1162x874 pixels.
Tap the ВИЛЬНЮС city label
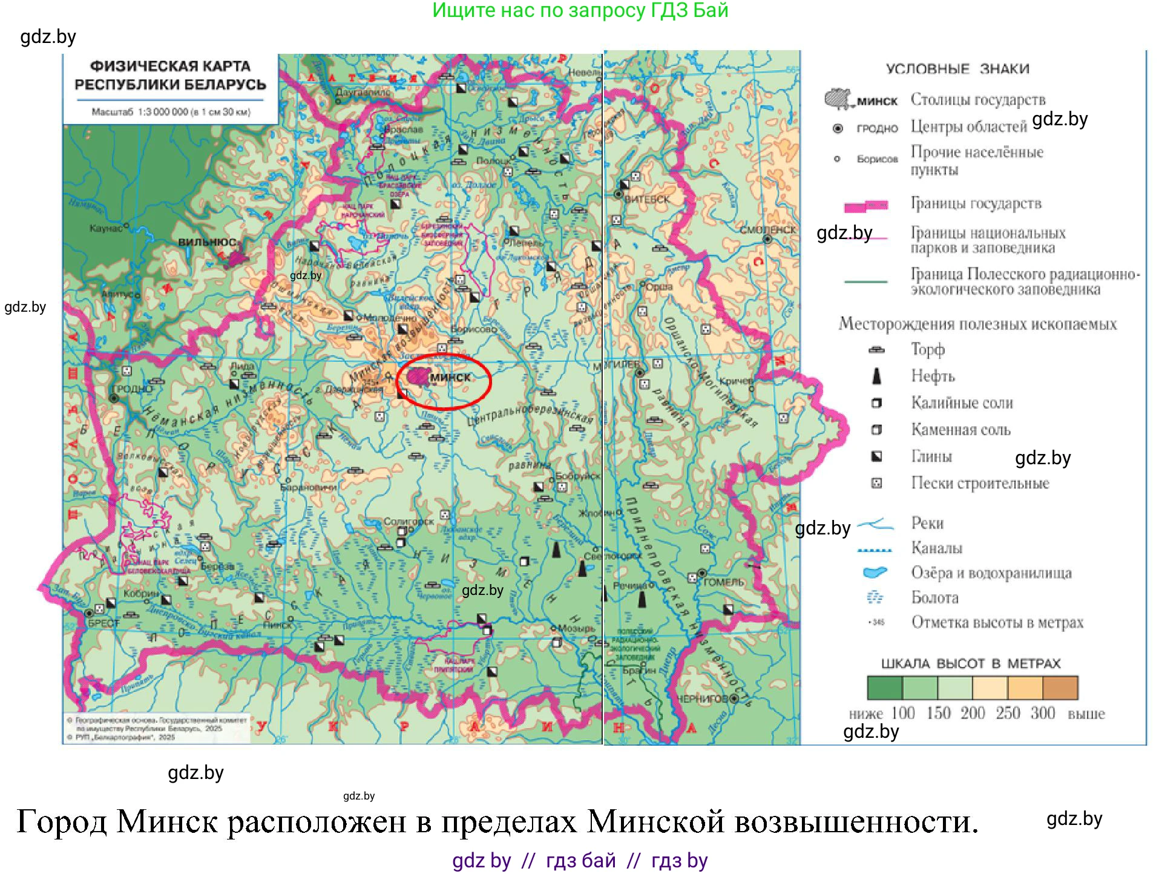click(206, 242)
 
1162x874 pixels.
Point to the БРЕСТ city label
click(104, 623)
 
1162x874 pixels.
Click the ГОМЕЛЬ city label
click(724, 582)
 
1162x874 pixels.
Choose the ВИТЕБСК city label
click(647, 199)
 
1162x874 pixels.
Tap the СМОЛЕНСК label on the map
click(767, 230)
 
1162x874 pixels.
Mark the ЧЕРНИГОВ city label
click(702, 698)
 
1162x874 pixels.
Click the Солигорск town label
click(409, 521)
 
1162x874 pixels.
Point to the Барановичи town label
click(309, 487)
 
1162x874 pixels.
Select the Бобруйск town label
click(577, 476)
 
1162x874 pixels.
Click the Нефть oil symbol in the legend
click(876, 376)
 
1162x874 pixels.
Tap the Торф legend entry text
click(927, 349)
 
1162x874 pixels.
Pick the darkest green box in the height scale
click(884, 688)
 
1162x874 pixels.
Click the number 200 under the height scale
click(973, 713)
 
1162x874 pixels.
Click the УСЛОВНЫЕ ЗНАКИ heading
click(957, 69)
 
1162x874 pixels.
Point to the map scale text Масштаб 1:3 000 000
click(171, 112)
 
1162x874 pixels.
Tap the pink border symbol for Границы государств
click(866, 206)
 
